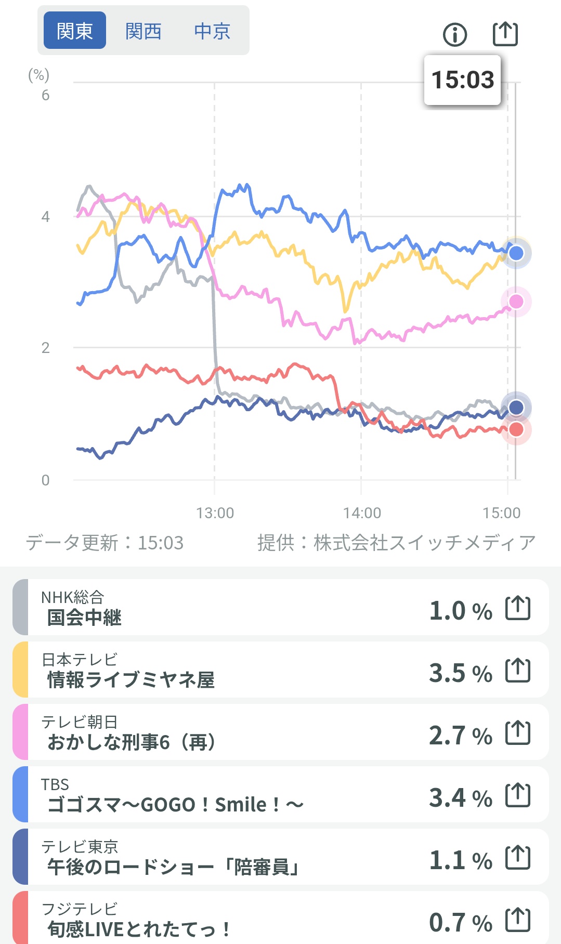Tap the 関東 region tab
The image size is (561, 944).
click(75, 31)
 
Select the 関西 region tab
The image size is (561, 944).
click(143, 31)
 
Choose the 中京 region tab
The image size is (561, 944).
click(212, 31)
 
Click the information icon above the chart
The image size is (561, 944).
click(455, 35)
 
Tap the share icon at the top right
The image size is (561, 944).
click(505, 34)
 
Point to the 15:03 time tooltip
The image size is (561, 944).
click(462, 80)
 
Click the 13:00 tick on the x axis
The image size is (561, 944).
click(215, 513)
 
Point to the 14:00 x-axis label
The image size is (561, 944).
click(362, 513)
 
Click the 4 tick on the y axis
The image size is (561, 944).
click(46, 217)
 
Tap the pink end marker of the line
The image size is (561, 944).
click(516, 301)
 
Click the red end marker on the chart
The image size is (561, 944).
click(516, 429)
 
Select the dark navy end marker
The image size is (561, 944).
click(516, 407)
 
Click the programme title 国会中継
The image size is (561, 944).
click(84, 618)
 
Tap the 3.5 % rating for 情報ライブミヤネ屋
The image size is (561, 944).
click(460, 673)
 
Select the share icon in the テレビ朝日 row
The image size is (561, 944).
click(518, 733)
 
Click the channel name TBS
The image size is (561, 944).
click(55, 784)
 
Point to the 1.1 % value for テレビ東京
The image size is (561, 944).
click(460, 860)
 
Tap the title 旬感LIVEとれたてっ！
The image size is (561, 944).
click(138, 928)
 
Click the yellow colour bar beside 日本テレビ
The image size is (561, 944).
click(20, 670)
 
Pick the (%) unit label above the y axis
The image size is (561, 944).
click(38, 75)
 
